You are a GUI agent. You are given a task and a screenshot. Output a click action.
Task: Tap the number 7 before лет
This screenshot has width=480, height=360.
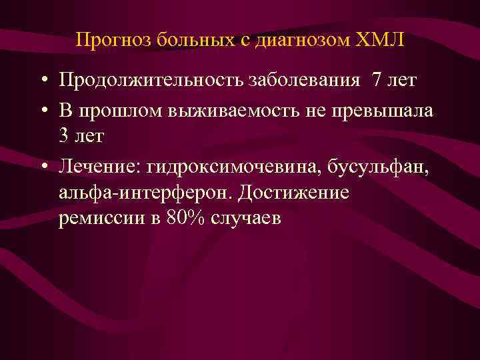point(377,81)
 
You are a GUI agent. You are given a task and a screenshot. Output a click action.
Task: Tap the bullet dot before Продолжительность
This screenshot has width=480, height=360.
point(42,81)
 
